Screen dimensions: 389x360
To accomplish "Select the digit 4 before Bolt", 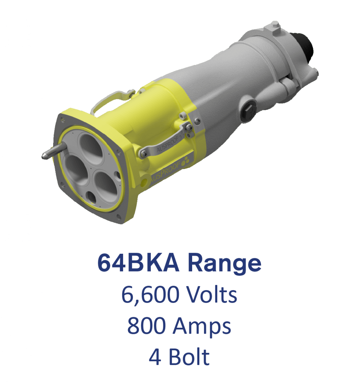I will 155,357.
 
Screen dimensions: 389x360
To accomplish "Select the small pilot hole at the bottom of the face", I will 92,197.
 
